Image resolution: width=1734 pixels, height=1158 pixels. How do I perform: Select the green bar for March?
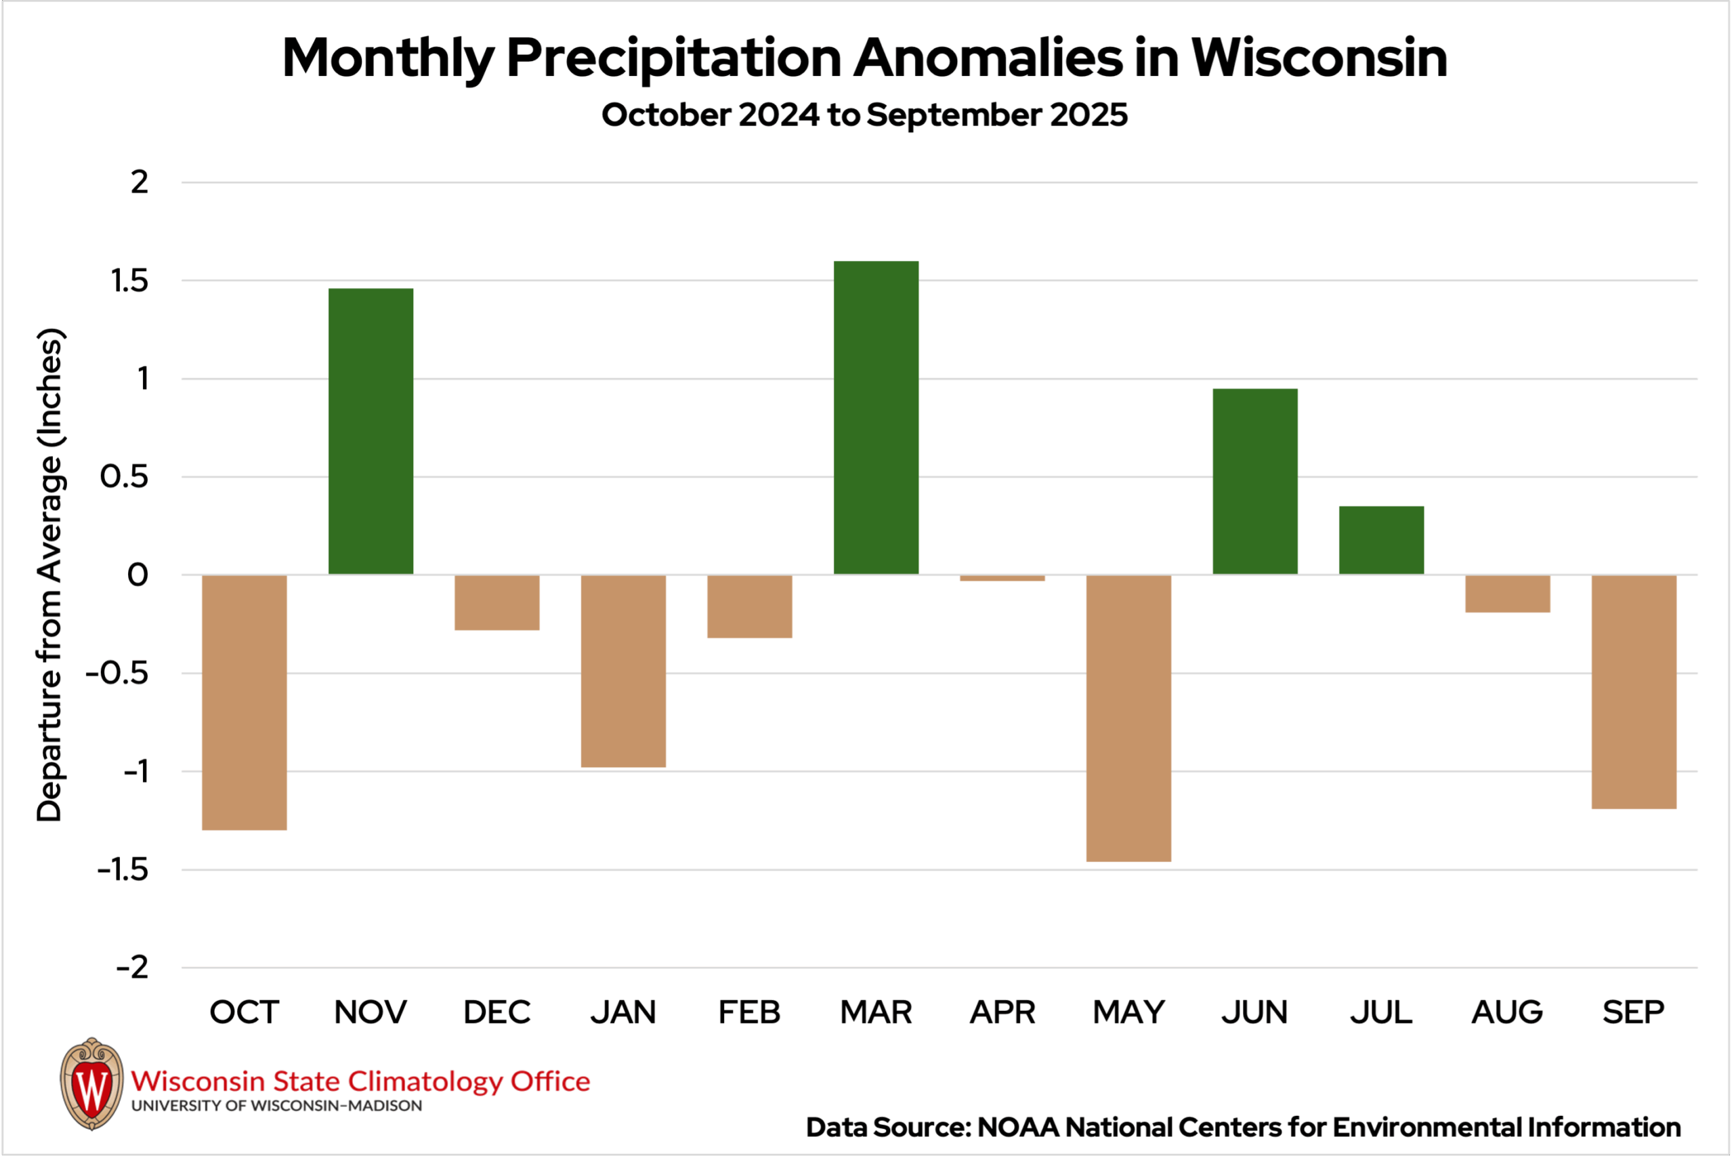[876, 418]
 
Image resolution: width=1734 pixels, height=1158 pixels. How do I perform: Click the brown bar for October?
[245, 703]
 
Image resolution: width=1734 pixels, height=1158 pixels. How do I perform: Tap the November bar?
[371, 432]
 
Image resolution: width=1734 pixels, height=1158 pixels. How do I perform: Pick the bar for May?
[1128, 718]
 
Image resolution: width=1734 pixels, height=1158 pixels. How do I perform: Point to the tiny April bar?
[1002, 578]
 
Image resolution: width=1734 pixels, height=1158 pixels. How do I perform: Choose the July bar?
[1381, 541]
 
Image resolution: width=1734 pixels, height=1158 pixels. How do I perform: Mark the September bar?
[1634, 692]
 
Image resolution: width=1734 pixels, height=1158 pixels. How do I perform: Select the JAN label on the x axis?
[623, 1012]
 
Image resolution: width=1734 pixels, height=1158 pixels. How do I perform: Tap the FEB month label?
[749, 1012]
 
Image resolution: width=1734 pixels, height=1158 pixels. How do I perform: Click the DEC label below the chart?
[496, 1012]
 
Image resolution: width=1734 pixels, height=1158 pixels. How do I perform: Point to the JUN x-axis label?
[1254, 1012]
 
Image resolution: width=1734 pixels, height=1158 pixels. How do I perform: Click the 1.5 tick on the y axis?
[129, 281]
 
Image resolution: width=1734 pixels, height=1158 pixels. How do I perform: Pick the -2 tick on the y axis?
[132, 968]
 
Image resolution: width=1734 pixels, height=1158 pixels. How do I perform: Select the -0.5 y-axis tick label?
[117, 674]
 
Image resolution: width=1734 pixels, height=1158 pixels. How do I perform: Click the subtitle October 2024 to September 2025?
[864, 115]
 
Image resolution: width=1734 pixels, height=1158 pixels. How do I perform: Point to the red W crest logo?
[91, 1085]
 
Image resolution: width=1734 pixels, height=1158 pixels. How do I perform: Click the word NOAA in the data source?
[1019, 1128]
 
